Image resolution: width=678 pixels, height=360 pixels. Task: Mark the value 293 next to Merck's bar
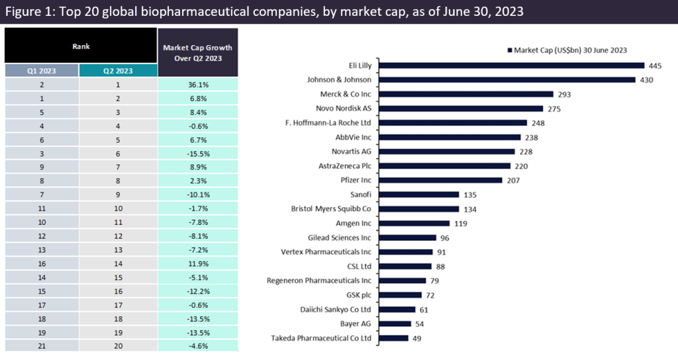565,95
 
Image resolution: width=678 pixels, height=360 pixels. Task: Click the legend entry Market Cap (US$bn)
569,50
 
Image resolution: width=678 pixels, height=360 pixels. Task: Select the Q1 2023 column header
41,69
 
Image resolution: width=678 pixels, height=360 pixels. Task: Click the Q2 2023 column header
117,69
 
